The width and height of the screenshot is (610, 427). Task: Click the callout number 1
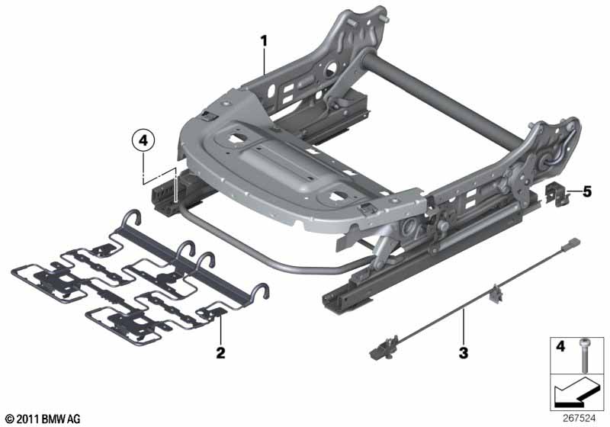click(264, 41)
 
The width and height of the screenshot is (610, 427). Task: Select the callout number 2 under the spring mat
click(220, 353)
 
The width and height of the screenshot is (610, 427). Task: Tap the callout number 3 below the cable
click(463, 353)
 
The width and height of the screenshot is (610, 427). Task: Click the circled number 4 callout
click(143, 140)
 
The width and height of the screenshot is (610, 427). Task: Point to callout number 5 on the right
click(586, 191)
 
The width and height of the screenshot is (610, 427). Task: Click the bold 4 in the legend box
click(560, 345)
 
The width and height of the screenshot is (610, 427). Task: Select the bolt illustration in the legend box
click(584, 355)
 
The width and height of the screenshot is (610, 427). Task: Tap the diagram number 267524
click(579, 419)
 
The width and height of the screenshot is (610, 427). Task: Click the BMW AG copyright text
click(43, 419)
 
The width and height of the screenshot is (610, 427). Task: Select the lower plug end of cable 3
click(383, 348)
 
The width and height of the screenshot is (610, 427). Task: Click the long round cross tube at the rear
click(444, 101)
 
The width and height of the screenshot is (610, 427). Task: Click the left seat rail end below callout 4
click(165, 198)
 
